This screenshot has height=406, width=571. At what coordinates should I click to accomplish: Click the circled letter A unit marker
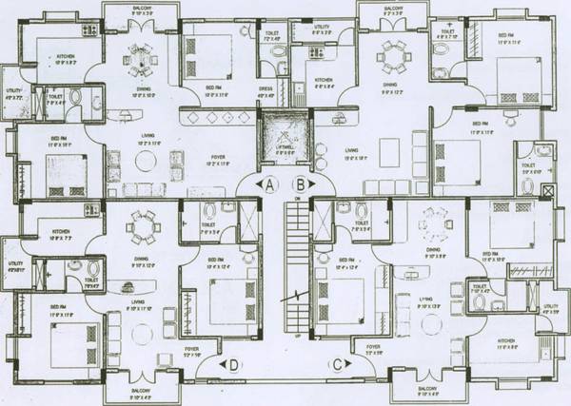269,184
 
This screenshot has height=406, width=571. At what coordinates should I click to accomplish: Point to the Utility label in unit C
549,307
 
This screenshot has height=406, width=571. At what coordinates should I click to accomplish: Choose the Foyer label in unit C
374,346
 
